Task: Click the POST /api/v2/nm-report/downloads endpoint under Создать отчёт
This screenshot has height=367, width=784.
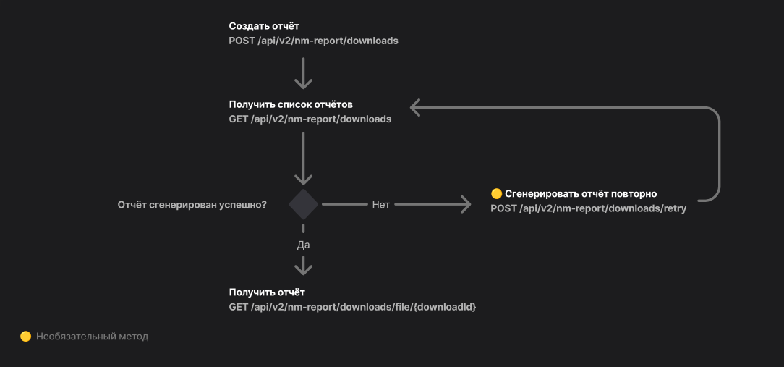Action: pyautogui.click(x=313, y=41)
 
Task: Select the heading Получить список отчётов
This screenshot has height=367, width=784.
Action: pyautogui.click(x=291, y=104)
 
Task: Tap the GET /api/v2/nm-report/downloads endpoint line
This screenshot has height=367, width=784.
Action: pyautogui.click(x=310, y=119)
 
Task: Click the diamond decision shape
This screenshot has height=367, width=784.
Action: pyautogui.click(x=304, y=205)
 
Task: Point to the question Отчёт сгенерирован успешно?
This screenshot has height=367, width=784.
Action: pyautogui.click(x=192, y=205)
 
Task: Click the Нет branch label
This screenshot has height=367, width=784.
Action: pyautogui.click(x=381, y=205)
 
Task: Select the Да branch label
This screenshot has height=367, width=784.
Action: pyautogui.click(x=304, y=245)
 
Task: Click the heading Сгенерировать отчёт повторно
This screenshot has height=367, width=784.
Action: pyautogui.click(x=581, y=193)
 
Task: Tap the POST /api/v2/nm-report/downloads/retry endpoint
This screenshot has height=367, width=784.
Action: pyautogui.click(x=588, y=208)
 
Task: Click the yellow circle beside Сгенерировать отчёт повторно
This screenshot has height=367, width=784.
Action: pyautogui.click(x=496, y=193)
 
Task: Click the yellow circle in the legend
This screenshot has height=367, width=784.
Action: pyautogui.click(x=25, y=336)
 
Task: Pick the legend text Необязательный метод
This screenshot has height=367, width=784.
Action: pyautogui.click(x=93, y=336)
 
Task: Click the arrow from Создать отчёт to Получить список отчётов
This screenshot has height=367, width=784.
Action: pyautogui.click(x=304, y=72)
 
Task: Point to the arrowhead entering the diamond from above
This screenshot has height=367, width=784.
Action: pyautogui.click(x=304, y=178)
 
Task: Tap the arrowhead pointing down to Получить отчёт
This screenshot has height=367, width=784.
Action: pyautogui.click(x=304, y=269)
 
